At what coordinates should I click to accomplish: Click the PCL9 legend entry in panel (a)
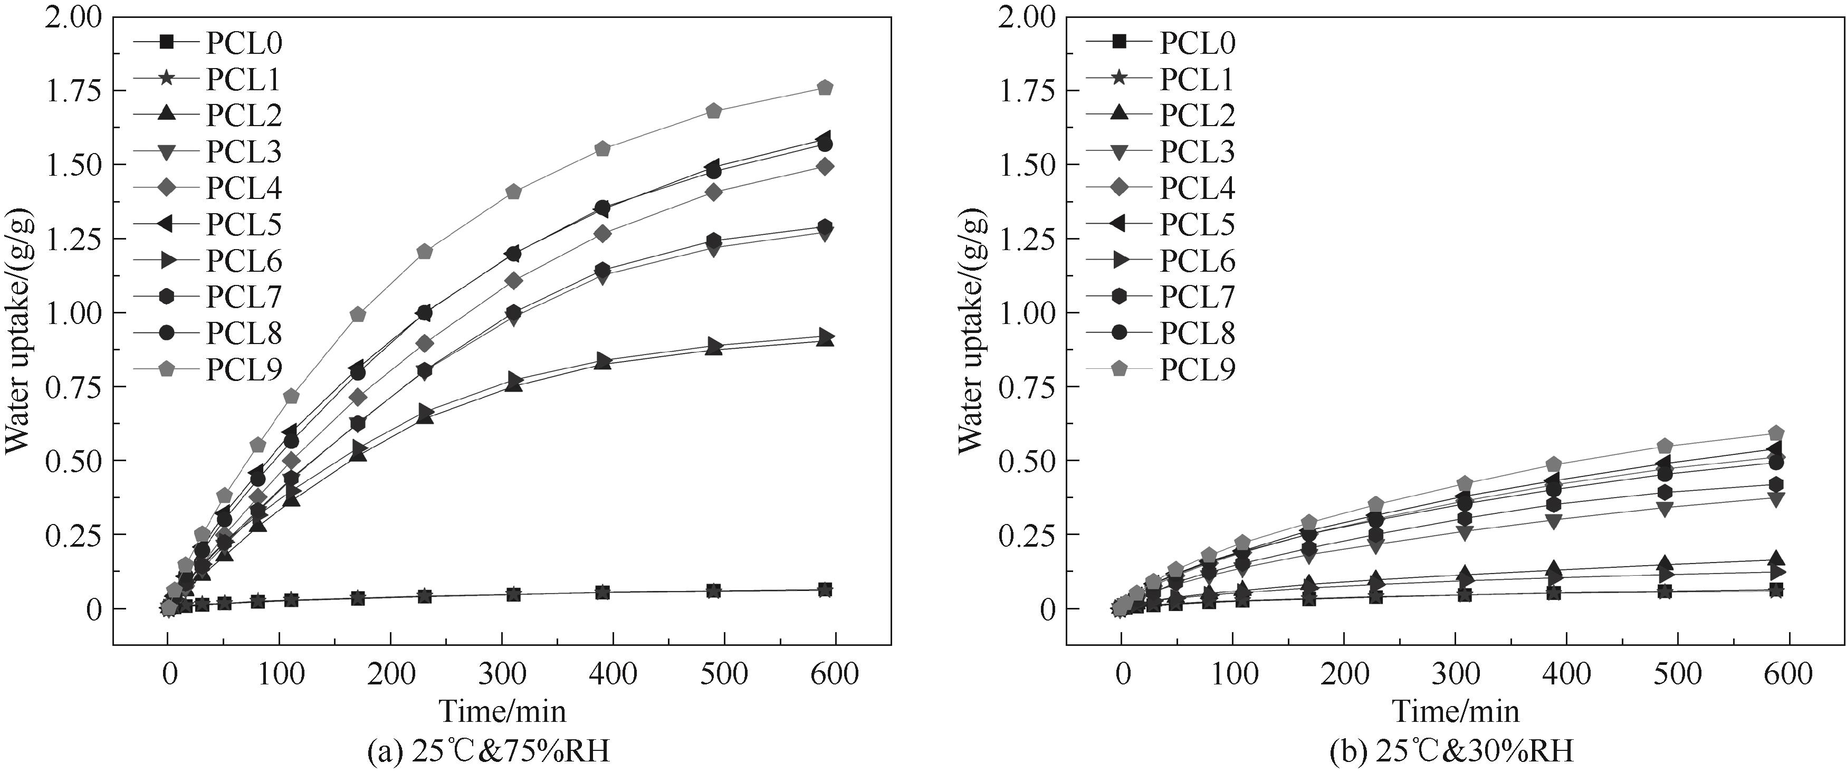(x=244, y=369)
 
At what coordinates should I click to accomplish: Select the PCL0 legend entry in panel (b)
(x=1197, y=43)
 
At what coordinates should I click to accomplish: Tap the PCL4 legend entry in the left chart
(x=244, y=188)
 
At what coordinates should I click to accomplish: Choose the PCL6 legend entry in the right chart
(x=1197, y=261)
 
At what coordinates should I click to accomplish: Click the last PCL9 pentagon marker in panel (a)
(x=825, y=88)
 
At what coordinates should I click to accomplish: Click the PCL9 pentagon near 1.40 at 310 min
(x=513, y=192)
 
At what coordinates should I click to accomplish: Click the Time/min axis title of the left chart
(x=502, y=712)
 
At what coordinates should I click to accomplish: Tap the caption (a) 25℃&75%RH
(x=488, y=752)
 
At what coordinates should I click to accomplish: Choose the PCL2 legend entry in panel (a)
(x=244, y=116)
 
